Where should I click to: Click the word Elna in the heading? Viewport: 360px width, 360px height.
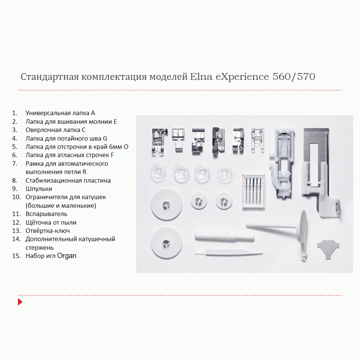click(201, 77)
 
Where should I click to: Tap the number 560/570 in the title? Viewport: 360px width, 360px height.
click(294, 77)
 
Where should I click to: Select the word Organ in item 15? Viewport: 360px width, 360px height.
click(67, 256)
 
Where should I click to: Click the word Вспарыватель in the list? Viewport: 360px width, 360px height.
click(46, 214)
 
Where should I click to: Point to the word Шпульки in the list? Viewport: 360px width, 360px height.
click(39, 189)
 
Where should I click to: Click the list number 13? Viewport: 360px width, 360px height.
click(17, 231)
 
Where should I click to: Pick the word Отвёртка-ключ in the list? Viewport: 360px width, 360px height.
click(48, 231)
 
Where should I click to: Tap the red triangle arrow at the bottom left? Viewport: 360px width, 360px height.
click(20, 302)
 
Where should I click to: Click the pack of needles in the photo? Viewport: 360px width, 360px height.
click(253, 192)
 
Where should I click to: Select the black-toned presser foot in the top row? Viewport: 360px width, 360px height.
click(218, 142)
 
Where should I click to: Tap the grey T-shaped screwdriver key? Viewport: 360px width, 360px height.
click(328, 249)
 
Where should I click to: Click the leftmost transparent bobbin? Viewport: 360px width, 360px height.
click(158, 172)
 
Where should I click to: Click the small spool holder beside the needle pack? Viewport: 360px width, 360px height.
click(224, 202)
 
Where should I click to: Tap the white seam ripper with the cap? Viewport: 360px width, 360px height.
click(224, 238)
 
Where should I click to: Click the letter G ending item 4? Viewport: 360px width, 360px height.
click(105, 139)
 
